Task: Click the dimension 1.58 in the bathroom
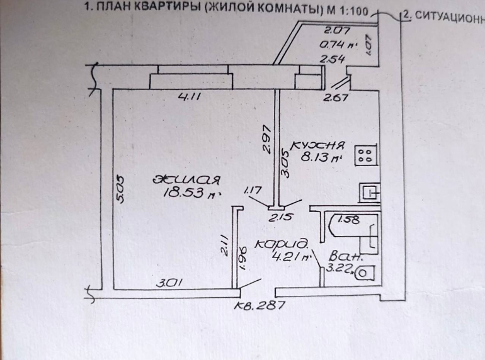pos(348,220)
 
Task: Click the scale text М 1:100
pos(344,11)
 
